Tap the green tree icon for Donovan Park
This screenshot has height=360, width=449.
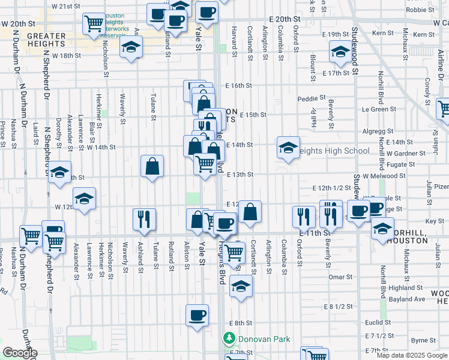pyautogui.click(x=228, y=339)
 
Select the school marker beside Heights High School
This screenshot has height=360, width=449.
pyautogui.click(x=288, y=146)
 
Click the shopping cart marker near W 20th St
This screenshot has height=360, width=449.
pyautogui.click(x=94, y=23)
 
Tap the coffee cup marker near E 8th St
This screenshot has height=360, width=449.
pyautogui.click(x=196, y=314)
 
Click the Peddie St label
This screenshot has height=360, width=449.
pyautogui.click(x=311, y=98)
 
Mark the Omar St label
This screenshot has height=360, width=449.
pyautogui.click(x=340, y=277)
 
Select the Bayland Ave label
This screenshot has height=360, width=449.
pyautogui.click(x=406, y=299)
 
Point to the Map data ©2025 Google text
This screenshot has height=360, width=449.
pyautogui.click(x=412, y=355)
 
